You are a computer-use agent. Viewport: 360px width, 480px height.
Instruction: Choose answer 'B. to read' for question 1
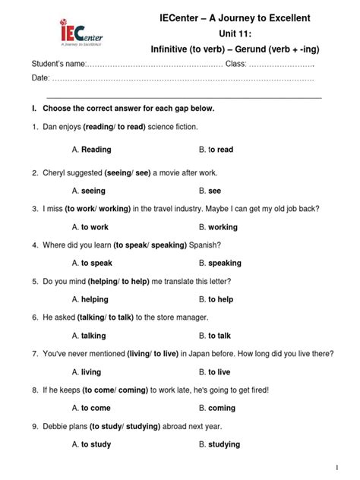coord(216,150)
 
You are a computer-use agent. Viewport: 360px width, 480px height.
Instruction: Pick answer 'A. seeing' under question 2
coord(89,191)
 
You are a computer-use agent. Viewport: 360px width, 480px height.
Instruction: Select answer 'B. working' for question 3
coord(218,226)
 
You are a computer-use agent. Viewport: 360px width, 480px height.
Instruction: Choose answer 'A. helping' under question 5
coord(90,299)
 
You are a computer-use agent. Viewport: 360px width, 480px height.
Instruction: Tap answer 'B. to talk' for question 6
coord(215,336)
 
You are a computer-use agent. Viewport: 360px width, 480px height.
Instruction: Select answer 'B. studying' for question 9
coord(219,444)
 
